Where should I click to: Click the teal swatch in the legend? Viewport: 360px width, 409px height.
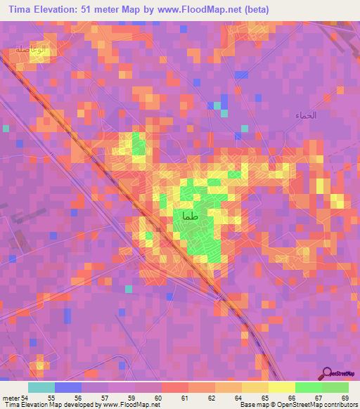point(41,387)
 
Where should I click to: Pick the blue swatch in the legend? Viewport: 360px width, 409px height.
point(68,387)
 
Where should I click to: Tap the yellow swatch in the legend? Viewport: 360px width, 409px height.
point(281,387)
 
